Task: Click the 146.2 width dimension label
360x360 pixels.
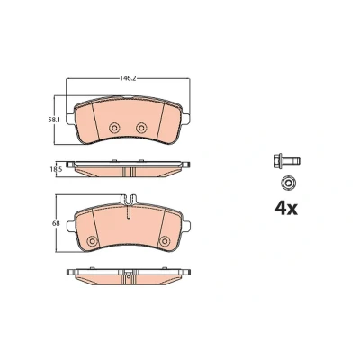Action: point(128,78)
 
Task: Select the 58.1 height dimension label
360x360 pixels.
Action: point(54,120)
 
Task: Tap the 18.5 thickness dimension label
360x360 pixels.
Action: point(57,169)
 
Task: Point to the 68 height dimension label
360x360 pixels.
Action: point(57,223)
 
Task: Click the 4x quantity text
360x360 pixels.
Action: point(286,209)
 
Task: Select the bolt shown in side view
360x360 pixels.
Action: point(287,161)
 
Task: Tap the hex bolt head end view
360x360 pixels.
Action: point(288,183)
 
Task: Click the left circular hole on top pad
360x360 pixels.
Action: point(114,128)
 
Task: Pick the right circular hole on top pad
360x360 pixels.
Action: point(140,128)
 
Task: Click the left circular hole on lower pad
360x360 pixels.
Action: point(92,240)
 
